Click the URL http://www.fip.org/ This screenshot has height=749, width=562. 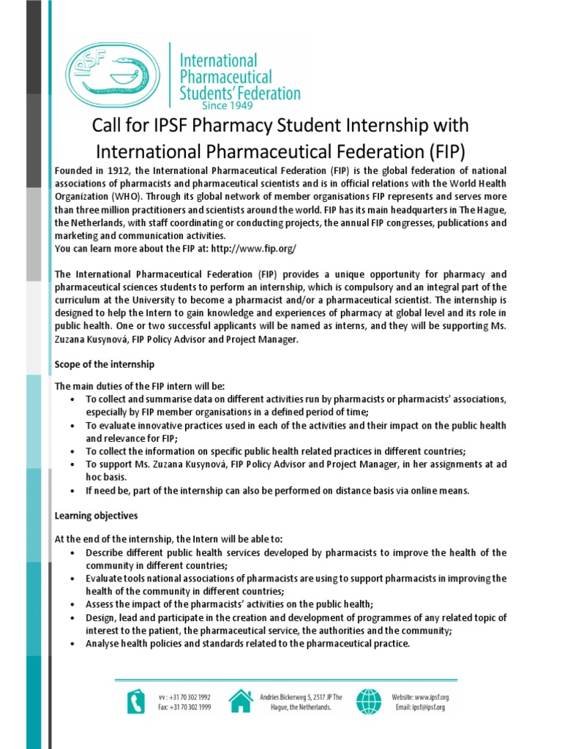pyautogui.click(x=253, y=249)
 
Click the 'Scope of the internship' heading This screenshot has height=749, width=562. pyautogui.click(x=105, y=364)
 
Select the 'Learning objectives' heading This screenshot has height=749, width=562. pyautogui.click(x=96, y=516)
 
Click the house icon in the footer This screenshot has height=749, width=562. pyautogui.click(x=240, y=701)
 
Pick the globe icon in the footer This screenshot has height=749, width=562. pyautogui.click(x=368, y=701)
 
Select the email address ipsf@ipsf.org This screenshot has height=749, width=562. pyautogui.click(x=429, y=707)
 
